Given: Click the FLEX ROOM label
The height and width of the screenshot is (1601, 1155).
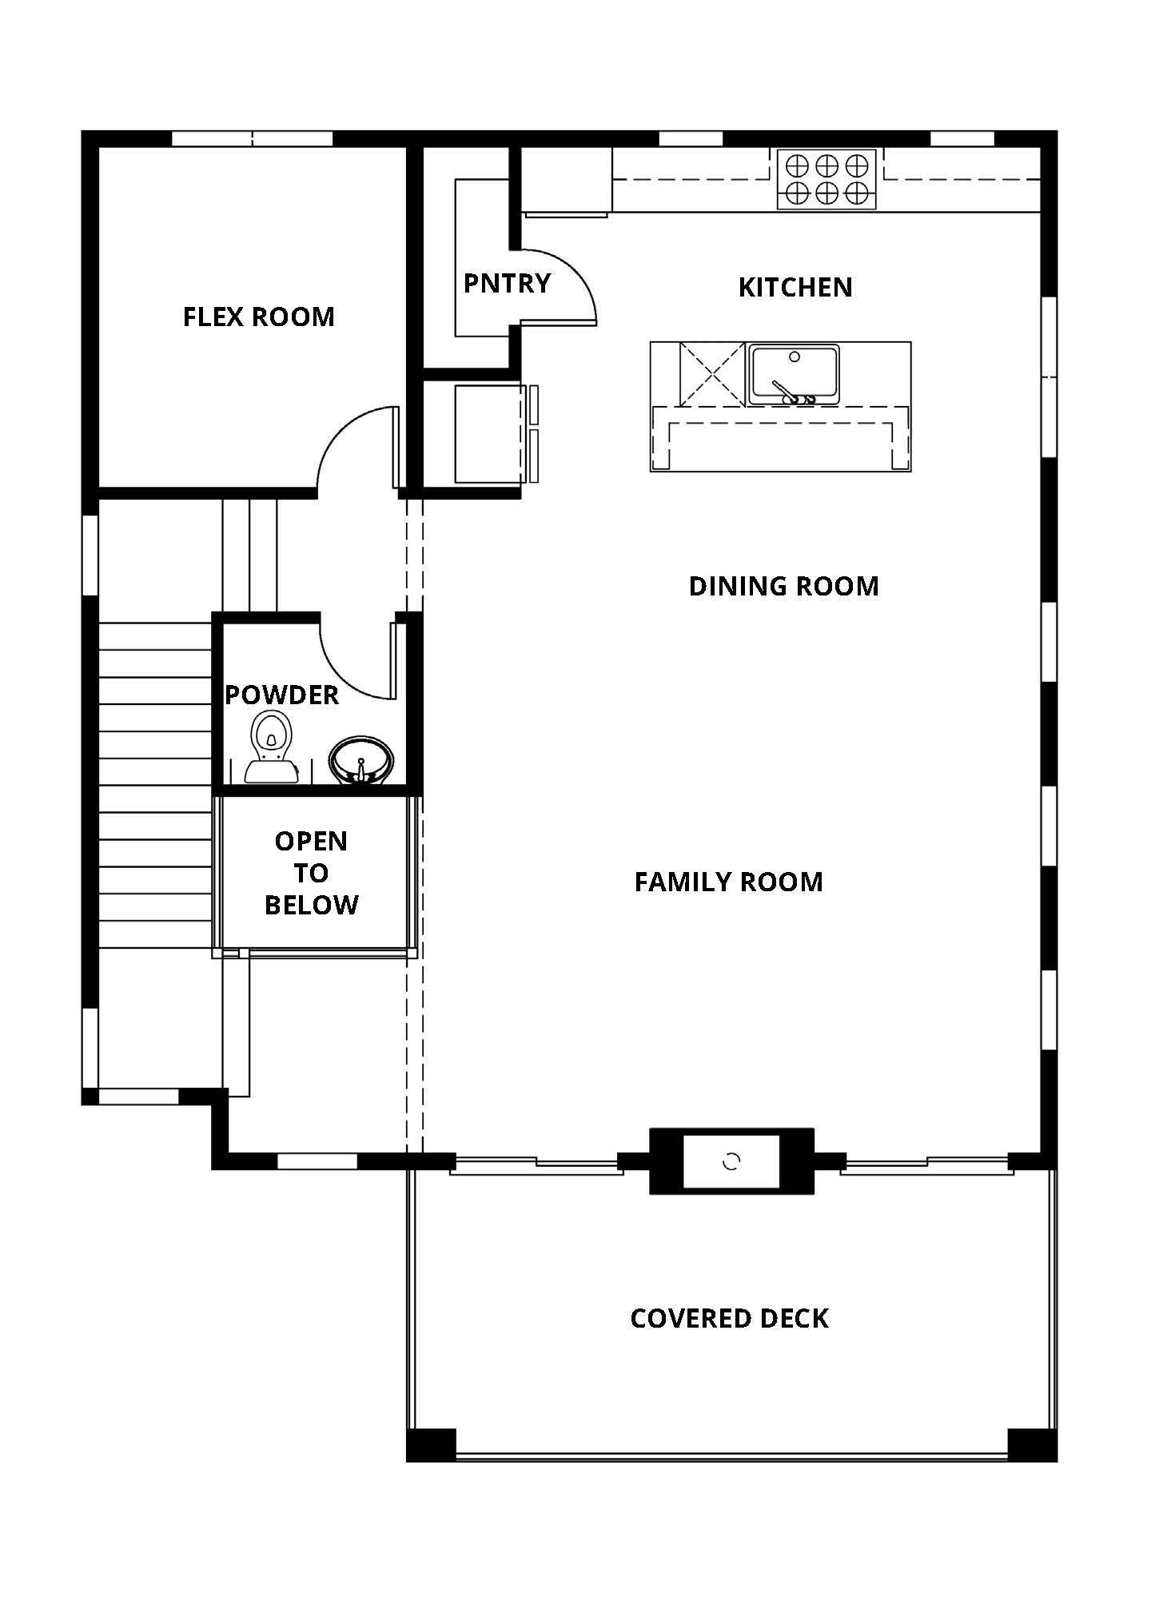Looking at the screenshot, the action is point(258,317).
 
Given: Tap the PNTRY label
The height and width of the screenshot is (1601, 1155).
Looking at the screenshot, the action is point(507,283).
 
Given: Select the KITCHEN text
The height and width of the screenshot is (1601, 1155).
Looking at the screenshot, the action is point(795,288).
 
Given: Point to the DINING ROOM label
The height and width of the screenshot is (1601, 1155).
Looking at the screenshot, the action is point(783,587).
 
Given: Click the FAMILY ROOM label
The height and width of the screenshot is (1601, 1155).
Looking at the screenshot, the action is point(728,882).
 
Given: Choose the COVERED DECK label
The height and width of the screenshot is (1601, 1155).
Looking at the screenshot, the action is point(729,1319).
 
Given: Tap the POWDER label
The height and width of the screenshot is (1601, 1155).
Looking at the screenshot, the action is point(281,695).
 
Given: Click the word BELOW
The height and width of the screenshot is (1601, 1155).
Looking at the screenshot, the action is point(311,906).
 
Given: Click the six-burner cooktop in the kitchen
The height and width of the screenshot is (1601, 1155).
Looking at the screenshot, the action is point(826,179).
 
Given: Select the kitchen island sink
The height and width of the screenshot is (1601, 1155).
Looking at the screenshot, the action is point(793,374).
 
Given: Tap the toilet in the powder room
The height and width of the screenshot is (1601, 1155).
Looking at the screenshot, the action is point(270,747).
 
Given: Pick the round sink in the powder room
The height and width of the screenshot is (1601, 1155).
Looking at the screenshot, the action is point(361,760).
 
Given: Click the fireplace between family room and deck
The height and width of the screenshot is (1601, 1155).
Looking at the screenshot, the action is point(731,1161).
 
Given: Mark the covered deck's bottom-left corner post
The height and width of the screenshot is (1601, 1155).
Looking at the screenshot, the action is point(432,1445).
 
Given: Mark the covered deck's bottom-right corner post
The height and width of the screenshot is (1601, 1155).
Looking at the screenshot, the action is point(1033,1445).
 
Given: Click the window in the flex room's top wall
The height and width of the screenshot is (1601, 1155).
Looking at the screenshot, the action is point(253,139).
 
